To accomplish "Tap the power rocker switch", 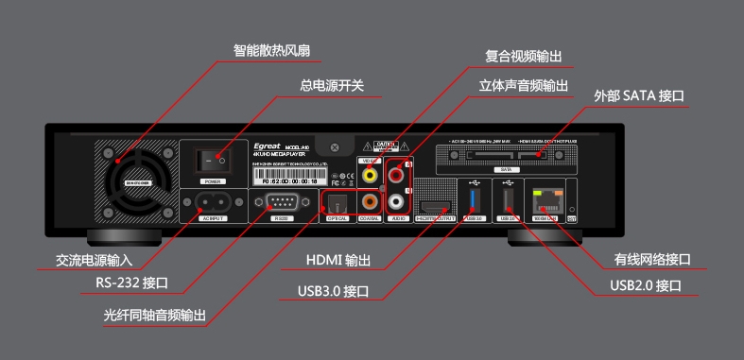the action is click(214, 160).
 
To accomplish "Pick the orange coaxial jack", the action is click(370, 200).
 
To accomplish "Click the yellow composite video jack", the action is click(370, 173).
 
